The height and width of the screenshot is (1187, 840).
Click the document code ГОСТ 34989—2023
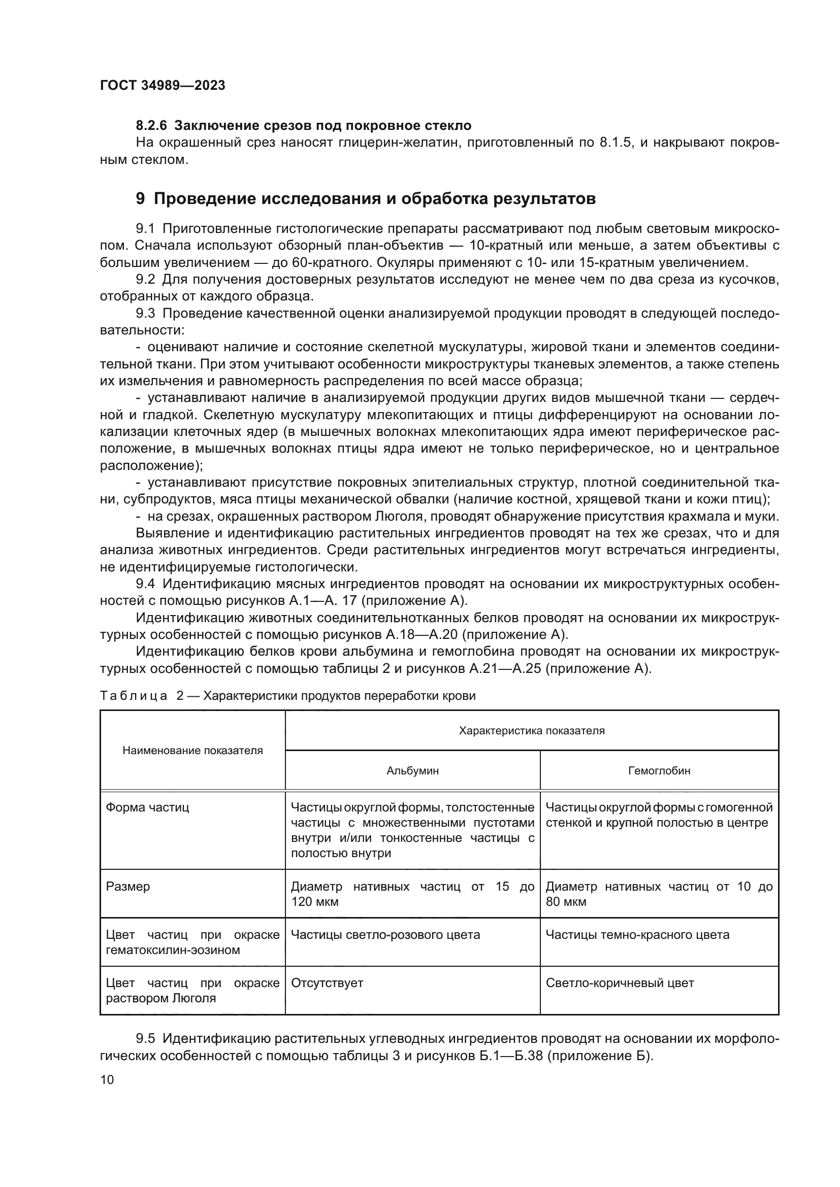pos(163,86)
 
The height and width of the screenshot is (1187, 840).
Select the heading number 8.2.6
pos(151,126)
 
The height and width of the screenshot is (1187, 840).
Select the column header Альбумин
pos(412,771)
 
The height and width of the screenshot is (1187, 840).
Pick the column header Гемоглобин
pos(659,771)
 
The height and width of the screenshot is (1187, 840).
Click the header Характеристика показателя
pos(531,730)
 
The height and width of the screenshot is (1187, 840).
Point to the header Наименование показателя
pos(192,751)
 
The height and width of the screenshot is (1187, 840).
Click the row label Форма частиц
pos(147,807)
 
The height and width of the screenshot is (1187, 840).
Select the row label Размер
pos(128,887)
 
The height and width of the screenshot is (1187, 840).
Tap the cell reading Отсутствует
pos(327,983)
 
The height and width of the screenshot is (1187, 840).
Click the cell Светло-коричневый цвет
pos(620,983)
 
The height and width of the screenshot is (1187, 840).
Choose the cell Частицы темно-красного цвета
pos(637,935)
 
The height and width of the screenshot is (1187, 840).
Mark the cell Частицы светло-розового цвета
pos(385,935)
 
